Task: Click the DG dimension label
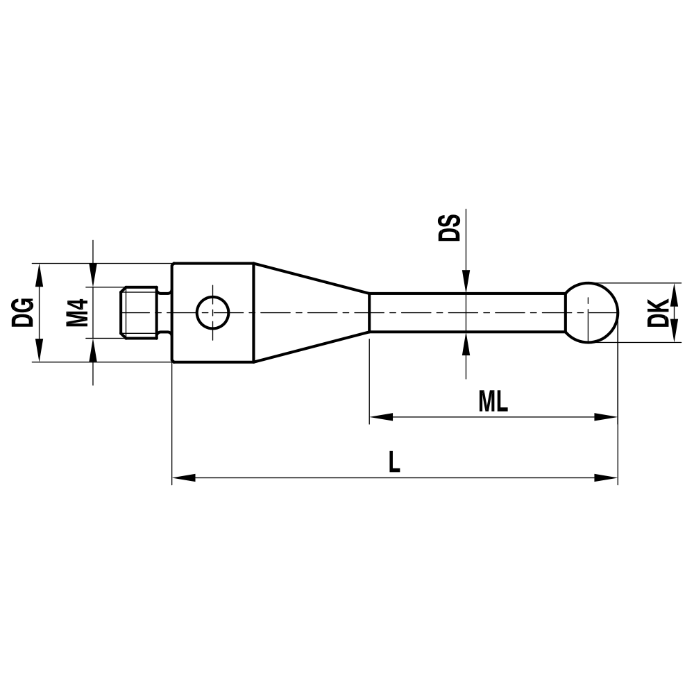[x=23, y=312]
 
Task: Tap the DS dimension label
[x=450, y=228]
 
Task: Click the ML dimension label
[x=493, y=401]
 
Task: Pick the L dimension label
[x=394, y=462]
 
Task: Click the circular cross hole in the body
[x=213, y=312]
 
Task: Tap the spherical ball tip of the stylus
[x=592, y=312]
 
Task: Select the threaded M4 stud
[x=142, y=312]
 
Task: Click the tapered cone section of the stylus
[x=309, y=312]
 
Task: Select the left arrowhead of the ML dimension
[x=380, y=417]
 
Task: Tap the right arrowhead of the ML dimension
[x=607, y=417]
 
